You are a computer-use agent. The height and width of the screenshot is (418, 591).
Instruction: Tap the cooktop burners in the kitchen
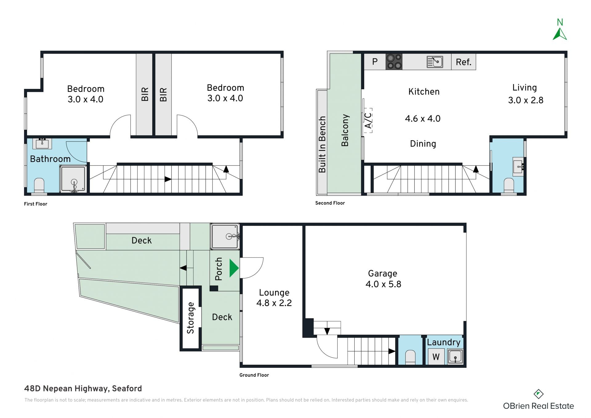tap(394, 61)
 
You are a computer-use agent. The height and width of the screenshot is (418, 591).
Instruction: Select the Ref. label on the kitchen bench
tap(464, 62)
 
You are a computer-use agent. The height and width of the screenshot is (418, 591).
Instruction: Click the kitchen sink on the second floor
tap(435, 62)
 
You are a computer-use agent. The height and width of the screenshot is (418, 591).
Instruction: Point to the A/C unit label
tap(368, 120)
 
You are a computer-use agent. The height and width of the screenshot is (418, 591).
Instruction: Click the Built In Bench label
tap(322, 144)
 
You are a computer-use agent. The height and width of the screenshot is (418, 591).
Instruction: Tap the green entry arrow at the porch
tap(234, 268)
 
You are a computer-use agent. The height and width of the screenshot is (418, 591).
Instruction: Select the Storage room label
tap(191, 318)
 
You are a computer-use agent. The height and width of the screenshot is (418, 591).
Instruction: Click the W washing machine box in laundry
tap(436, 357)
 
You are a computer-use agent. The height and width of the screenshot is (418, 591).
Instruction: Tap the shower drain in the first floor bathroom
tap(74, 182)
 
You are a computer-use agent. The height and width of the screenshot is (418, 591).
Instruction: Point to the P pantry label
tap(375, 62)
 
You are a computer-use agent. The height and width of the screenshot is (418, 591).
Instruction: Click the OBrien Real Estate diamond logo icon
tap(538, 394)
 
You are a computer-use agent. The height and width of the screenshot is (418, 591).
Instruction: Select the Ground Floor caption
tap(254, 375)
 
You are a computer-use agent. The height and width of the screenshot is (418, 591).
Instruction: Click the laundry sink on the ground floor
tap(455, 357)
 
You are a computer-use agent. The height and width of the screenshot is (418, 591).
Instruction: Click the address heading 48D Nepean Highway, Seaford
tap(83, 389)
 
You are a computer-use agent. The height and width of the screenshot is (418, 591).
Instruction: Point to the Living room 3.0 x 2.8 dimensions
tap(526, 100)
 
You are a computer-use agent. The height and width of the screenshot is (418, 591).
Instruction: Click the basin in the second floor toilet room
tap(518, 167)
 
